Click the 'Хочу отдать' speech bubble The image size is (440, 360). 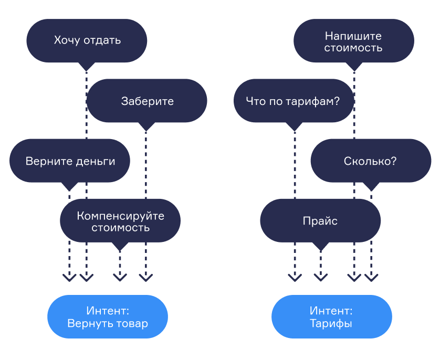87,40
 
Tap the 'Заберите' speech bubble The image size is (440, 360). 146,101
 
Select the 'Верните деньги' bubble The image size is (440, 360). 70,161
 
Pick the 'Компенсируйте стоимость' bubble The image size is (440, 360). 120,221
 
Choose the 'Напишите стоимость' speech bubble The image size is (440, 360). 353,42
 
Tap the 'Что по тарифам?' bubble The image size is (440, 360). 294,101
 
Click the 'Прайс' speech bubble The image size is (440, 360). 320,221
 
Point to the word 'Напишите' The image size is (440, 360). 353,36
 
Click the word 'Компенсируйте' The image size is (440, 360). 120,216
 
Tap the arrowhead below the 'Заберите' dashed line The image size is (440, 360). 146,276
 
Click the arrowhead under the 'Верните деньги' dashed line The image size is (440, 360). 69,276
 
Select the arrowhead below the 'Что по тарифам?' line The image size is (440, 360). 295,276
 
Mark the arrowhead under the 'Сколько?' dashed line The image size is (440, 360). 372,276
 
